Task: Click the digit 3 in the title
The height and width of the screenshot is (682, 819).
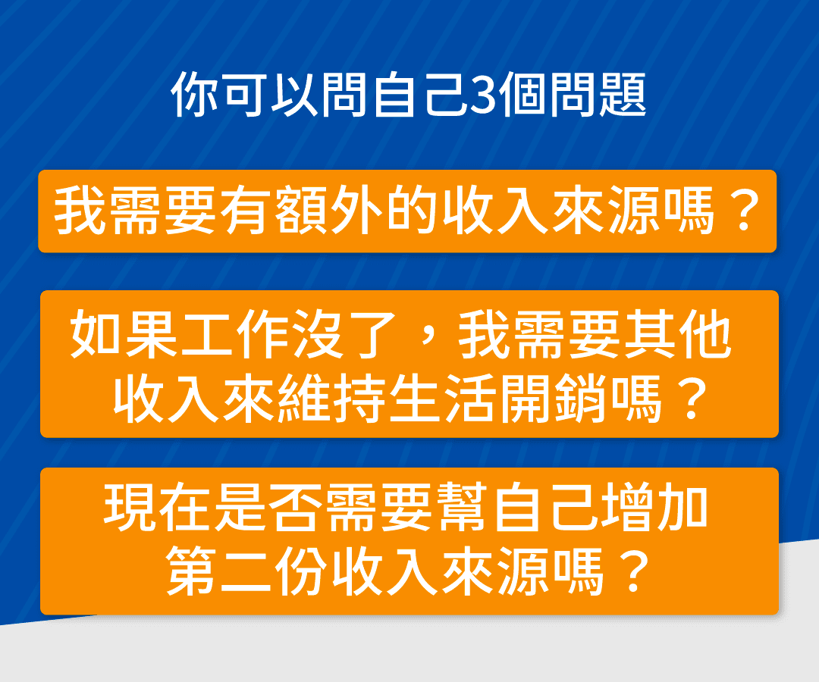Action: coord(482,94)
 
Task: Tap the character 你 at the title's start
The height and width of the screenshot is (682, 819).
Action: coord(194,94)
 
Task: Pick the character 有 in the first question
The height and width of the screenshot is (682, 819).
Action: coord(245,211)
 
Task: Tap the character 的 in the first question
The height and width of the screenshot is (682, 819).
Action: coord(412,211)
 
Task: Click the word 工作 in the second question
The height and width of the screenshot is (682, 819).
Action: coord(235,334)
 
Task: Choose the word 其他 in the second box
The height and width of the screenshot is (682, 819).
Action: coord(679,334)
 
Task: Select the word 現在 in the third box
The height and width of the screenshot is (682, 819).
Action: coord(158,507)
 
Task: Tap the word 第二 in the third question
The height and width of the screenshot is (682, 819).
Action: coord(219,571)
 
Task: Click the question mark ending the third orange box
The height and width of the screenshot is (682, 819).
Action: coord(634,571)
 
